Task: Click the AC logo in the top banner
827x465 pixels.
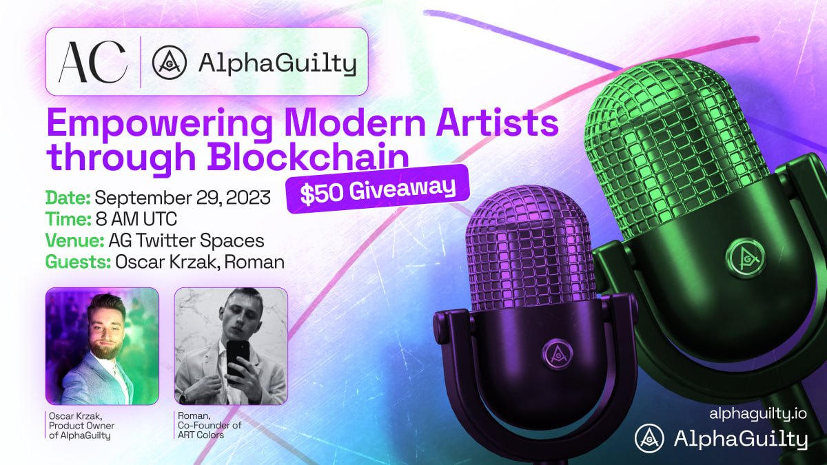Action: click(92, 63)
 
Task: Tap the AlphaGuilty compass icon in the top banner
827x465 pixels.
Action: click(170, 64)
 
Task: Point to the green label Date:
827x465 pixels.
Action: click(68, 198)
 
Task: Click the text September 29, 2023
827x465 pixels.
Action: click(190, 198)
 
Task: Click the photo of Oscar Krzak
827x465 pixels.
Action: click(102, 345)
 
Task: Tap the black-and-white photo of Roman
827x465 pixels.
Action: click(231, 345)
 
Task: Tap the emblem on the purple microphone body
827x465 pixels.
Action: click(555, 353)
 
